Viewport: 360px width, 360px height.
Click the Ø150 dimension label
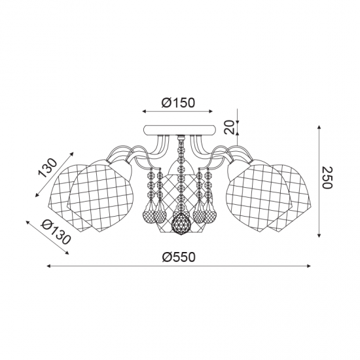(178, 103)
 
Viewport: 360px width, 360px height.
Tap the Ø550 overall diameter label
(179, 257)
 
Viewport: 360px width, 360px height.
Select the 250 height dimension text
(327, 177)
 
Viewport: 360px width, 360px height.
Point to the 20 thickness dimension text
(230, 127)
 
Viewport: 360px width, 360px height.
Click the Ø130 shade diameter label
(55, 232)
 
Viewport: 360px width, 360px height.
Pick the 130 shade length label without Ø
(47, 168)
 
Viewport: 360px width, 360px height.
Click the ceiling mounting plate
(179, 130)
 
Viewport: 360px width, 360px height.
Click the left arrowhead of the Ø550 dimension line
(48, 266)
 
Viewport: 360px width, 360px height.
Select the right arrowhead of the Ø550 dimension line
(309, 266)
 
